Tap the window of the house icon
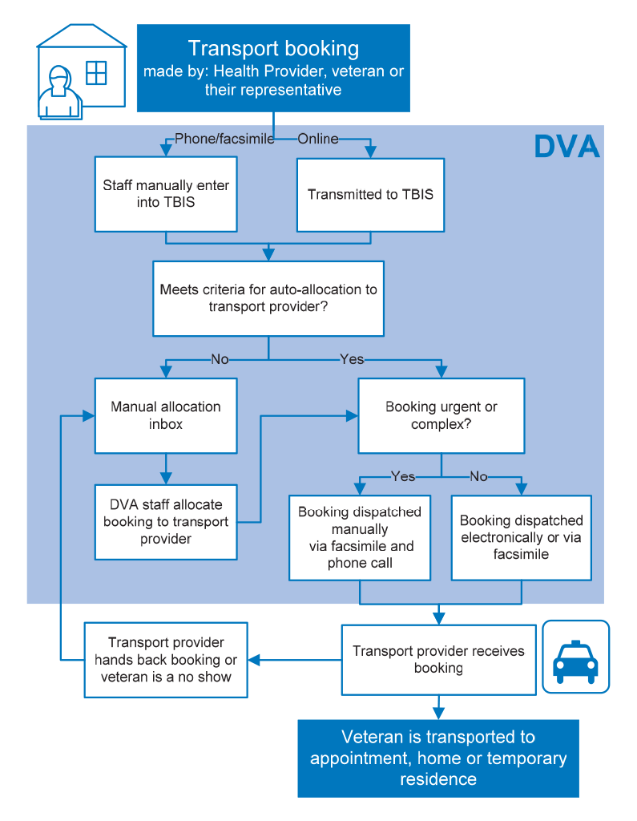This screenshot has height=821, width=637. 96,73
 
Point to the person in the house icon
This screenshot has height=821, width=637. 59,92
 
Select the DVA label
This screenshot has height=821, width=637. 566,146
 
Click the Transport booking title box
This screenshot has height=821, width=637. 273,68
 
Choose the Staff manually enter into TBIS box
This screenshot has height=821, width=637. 166,194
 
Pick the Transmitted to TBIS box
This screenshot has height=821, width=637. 370,195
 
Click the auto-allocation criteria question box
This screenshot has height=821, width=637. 268,298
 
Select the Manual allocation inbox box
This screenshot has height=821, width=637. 166,416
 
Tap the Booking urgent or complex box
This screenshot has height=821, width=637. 441,416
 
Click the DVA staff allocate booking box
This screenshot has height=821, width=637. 166,522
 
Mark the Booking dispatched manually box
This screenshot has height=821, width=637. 360,538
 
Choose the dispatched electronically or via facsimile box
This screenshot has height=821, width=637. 522,538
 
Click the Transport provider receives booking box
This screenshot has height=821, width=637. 438,660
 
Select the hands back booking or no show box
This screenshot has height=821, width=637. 166,660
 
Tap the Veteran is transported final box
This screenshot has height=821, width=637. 438,758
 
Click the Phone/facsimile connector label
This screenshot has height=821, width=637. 224,139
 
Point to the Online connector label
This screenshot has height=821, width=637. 318,139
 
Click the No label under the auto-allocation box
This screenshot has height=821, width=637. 220,359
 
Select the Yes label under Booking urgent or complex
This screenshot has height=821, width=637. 403,476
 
